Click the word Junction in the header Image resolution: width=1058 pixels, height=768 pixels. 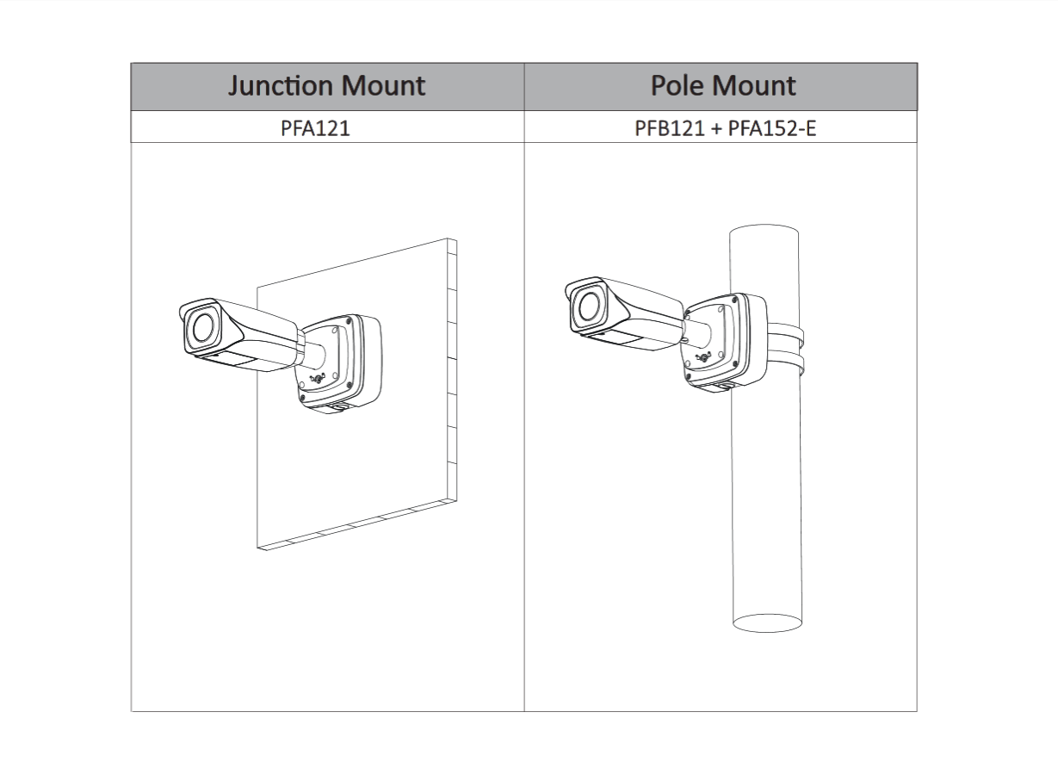click(x=281, y=86)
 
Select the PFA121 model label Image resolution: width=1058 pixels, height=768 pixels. click(x=316, y=128)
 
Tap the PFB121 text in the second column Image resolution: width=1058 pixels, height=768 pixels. click(x=669, y=128)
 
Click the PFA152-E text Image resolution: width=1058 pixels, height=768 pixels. click(x=772, y=128)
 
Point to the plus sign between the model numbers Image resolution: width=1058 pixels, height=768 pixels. click(x=716, y=129)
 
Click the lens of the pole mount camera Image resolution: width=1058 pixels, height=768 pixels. click(x=590, y=306)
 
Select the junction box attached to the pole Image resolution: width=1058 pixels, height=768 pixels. click(x=725, y=343)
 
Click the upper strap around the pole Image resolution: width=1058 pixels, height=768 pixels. click(x=784, y=333)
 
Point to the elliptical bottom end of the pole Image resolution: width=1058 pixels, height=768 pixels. click(x=767, y=623)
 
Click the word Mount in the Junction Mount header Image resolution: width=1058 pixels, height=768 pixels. click(x=383, y=86)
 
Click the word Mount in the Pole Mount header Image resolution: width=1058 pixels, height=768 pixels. click(x=754, y=85)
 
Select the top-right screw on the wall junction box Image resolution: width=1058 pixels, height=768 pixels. click(x=349, y=321)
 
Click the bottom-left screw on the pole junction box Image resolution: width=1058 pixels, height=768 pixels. click(x=689, y=377)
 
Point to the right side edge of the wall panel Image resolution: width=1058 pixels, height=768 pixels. click(x=452, y=370)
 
